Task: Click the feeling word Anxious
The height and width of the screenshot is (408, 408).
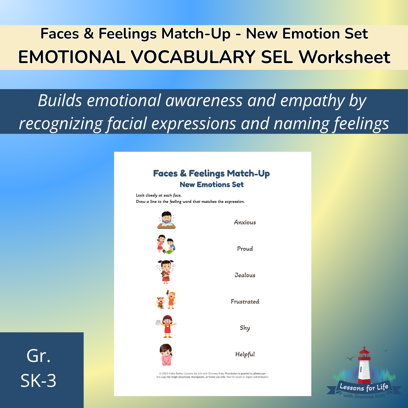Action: [245, 223]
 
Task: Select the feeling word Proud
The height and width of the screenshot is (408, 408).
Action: [245, 249]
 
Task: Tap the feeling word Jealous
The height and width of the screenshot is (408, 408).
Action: [245, 275]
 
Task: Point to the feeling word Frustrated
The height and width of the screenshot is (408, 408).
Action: [245, 302]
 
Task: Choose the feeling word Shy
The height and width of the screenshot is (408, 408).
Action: [245, 328]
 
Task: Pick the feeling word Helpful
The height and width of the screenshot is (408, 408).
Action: [245, 354]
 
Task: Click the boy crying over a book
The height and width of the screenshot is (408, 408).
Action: [167, 220]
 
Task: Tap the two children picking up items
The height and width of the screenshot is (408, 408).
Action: [166, 244]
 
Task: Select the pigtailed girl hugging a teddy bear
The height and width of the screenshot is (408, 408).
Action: [166, 272]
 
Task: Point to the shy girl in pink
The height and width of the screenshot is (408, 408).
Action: [165, 354]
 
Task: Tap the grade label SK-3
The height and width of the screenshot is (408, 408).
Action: [39, 381]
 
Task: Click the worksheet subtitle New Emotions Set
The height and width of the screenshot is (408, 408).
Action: [212, 185]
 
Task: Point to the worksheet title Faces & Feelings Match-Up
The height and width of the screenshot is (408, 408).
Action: [212, 173]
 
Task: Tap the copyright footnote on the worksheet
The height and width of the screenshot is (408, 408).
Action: [212, 375]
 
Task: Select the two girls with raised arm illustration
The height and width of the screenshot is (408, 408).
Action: [167, 300]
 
